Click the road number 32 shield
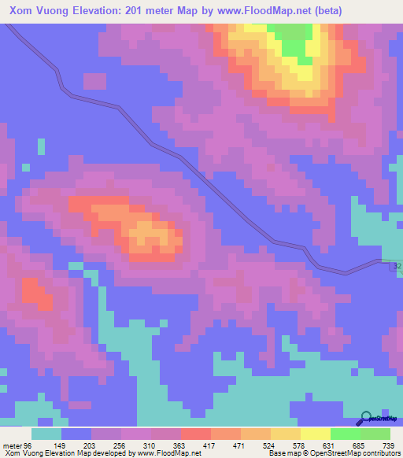397,268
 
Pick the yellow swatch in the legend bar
315,434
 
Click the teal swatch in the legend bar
46,434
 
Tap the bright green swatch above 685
345,434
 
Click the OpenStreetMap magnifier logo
365,419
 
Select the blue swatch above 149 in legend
76,434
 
